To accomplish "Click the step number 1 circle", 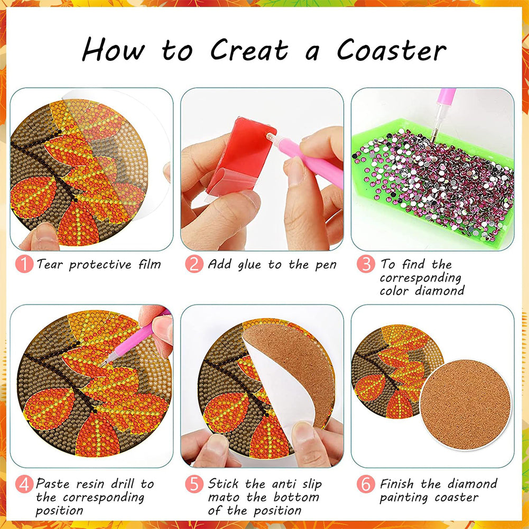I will coord(24,264).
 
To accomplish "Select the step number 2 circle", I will coord(194,264).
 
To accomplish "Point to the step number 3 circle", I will coord(365,264).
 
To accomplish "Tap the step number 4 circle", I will coord(24,484).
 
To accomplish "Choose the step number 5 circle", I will coord(194,484).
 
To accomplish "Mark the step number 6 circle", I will coord(365,484).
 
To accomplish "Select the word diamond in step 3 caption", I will coord(440,291).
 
